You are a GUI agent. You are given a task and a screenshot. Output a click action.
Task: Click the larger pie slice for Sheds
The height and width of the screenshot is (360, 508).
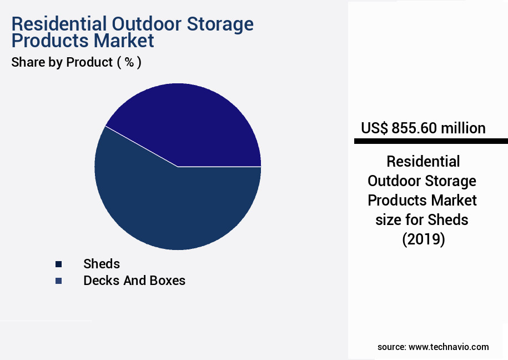pyautogui.click(x=167, y=206)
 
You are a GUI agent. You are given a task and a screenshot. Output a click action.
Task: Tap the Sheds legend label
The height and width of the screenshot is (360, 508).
pyautogui.click(x=102, y=263)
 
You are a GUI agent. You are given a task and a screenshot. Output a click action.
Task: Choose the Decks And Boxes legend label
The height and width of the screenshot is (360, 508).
pyautogui.click(x=134, y=281)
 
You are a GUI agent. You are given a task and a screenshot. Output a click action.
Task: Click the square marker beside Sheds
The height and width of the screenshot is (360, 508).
pyautogui.click(x=59, y=264)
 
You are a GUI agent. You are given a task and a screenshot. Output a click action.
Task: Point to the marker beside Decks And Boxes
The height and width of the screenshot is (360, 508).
pyautogui.click(x=59, y=281)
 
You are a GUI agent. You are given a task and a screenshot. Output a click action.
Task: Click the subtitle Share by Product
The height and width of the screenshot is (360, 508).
pyautogui.click(x=62, y=62)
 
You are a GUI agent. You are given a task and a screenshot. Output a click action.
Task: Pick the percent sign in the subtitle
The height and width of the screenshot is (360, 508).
pyautogui.click(x=129, y=62)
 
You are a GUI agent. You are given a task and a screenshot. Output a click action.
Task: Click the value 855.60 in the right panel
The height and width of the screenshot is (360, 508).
pyautogui.click(x=414, y=128)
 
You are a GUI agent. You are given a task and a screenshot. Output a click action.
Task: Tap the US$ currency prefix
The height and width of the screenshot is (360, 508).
pyautogui.click(x=374, y=128)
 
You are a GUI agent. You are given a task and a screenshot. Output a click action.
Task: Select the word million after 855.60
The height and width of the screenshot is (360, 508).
pyautogui.click(x=463, y=128)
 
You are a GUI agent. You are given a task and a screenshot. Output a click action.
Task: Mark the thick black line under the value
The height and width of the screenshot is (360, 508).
pyautogui.click(x=431, y=142)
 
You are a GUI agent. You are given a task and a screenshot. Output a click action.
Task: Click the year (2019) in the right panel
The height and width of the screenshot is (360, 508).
pyautogui.click(x=423, y=240)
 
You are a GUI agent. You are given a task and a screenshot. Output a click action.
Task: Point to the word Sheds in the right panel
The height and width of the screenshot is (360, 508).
pyautogui.click(x=449, y=220)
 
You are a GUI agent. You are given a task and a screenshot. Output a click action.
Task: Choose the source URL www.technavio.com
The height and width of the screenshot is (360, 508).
pyautogui.click(x=449, y=347)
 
